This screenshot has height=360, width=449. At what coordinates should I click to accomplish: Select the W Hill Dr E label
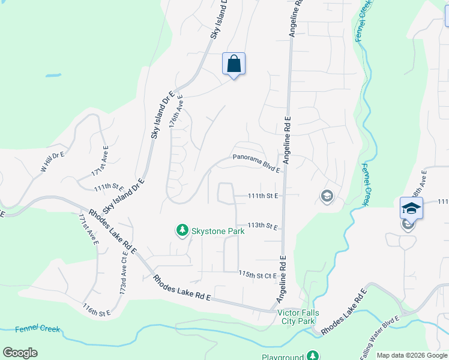pyautogui.click(x=52, y=162)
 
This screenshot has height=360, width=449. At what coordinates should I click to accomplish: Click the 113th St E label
pyautogui.click(x=263, y=226)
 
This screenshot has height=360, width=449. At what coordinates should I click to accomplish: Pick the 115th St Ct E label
pyautogui.click(x=257, y=274)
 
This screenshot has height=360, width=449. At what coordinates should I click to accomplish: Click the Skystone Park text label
pyautogui.click(x=218, y=230)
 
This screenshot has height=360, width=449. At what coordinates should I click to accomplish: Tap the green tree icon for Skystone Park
pyautogui.click(x=181, y=230)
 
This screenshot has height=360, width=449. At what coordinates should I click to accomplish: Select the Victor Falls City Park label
pyautogui.click(x=298, y=317)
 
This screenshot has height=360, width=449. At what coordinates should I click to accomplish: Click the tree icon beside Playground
pyautogui.click(x=312, y=356)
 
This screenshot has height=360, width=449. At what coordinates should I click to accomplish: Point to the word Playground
pyautogui.click(x=283, y=356)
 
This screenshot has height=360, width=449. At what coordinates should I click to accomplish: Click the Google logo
pyautogui.click(x=20, y=353)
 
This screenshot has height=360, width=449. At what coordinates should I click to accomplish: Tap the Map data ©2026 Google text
pyautogui.click(x=412, y=355)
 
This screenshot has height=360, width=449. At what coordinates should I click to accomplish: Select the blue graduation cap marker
pyautogui.click(x=411, y=208)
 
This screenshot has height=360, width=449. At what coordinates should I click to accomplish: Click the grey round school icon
pyautogui.click(x=327, y=196)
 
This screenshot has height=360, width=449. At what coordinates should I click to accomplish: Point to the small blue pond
pyautogui.click(x=53, y=76)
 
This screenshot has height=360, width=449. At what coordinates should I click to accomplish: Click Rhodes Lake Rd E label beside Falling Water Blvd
pyautogui.click(x=343, y=313)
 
